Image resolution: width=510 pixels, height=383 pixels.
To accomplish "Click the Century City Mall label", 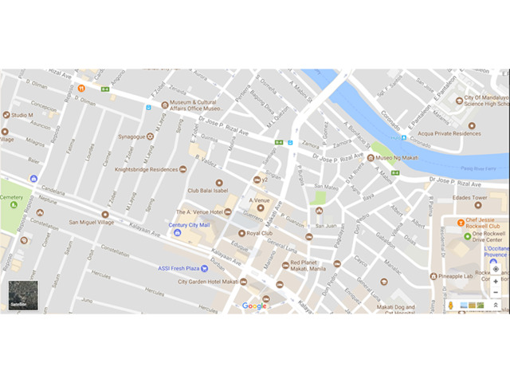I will (x=189, y=225).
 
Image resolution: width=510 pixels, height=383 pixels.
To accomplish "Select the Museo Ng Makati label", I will (x=396, y=157).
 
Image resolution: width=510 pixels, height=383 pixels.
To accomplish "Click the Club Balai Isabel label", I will (x=209, y=191).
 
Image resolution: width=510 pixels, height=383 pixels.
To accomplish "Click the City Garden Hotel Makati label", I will (x=208, y=281).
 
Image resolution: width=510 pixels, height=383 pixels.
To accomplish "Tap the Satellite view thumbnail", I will (x=19, y=295).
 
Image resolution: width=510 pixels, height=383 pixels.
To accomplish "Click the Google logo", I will (x=254, y=306).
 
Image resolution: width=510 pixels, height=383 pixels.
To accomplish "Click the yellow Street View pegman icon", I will (x=452, y=305).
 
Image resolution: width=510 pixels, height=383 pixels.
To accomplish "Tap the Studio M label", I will (x=22, y=115).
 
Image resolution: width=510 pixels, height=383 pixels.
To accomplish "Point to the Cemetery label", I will (x=11, y=196).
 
